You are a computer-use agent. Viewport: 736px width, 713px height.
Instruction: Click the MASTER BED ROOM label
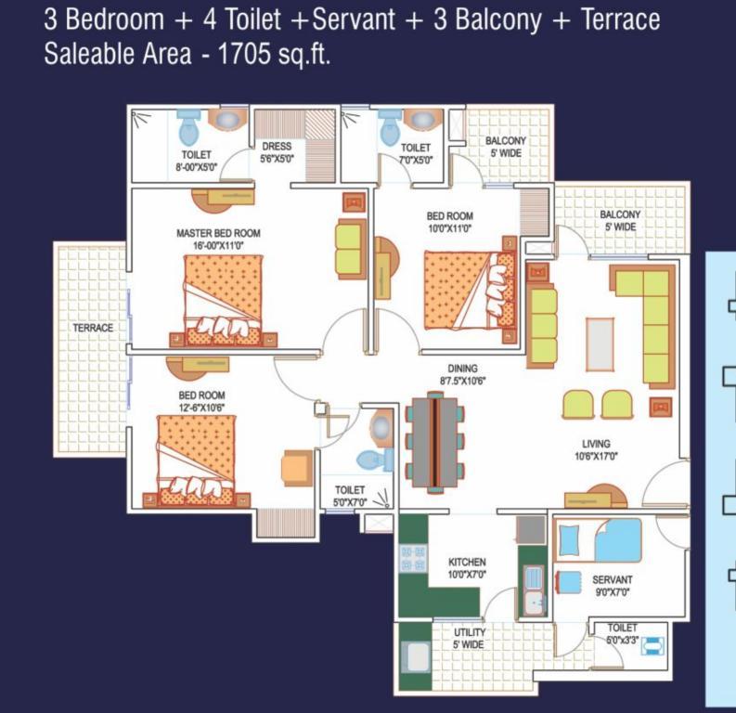coord(218,233)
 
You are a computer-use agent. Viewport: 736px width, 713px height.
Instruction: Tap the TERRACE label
coord(93,328)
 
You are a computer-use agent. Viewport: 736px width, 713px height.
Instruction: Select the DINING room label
coord(462,369)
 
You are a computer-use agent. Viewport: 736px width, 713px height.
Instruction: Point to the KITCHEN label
coord(467,562)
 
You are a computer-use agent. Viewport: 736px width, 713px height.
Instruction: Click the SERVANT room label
coord(612,579)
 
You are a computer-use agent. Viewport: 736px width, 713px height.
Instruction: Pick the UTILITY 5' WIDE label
coord(470,639)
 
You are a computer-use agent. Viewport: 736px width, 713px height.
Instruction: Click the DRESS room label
coord(277,147)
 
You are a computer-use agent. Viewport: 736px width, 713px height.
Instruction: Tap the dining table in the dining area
coord(434,442)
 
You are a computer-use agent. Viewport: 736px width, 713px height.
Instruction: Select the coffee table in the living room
coord(600,344)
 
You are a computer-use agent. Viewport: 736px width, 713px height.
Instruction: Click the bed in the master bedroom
coord(223,301)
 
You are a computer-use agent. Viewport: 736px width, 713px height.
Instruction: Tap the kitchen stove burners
coord(413,558)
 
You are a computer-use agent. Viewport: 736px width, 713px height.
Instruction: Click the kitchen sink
coord(534,590)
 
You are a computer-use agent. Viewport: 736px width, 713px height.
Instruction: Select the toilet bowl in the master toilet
coord(187,128)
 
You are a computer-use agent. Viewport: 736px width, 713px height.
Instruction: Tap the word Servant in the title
coord(354,19)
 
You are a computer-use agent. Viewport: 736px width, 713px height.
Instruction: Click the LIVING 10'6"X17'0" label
coord(596,449)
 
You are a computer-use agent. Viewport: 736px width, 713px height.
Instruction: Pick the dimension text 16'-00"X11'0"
coord(218,245)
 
